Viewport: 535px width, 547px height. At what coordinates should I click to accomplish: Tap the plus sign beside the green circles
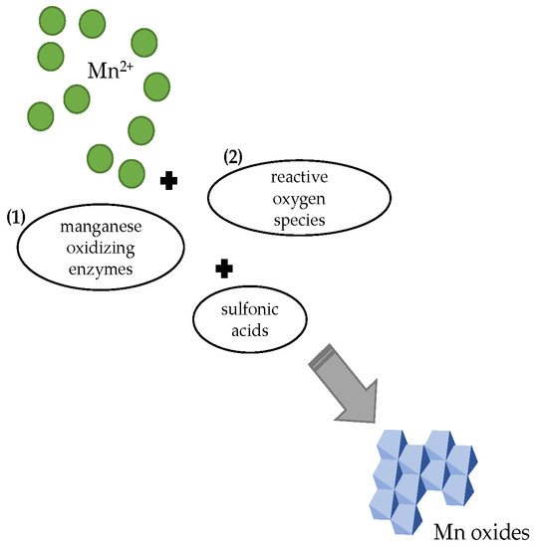point(168,179)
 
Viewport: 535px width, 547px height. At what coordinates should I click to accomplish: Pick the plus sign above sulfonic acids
point(224,268)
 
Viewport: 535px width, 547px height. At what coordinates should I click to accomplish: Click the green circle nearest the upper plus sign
point(131,173)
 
